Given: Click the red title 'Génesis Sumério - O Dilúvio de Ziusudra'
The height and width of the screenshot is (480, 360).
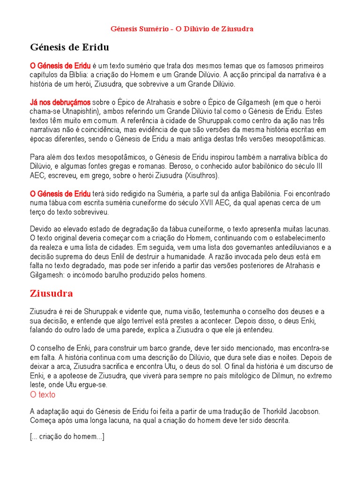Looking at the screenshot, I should tap(182, 29).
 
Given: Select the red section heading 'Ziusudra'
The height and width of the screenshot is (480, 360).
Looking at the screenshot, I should tap(51, 294).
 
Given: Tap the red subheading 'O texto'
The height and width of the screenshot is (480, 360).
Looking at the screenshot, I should tap(43, 395).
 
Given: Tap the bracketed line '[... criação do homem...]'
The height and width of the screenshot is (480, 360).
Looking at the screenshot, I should tap(67, 437).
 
